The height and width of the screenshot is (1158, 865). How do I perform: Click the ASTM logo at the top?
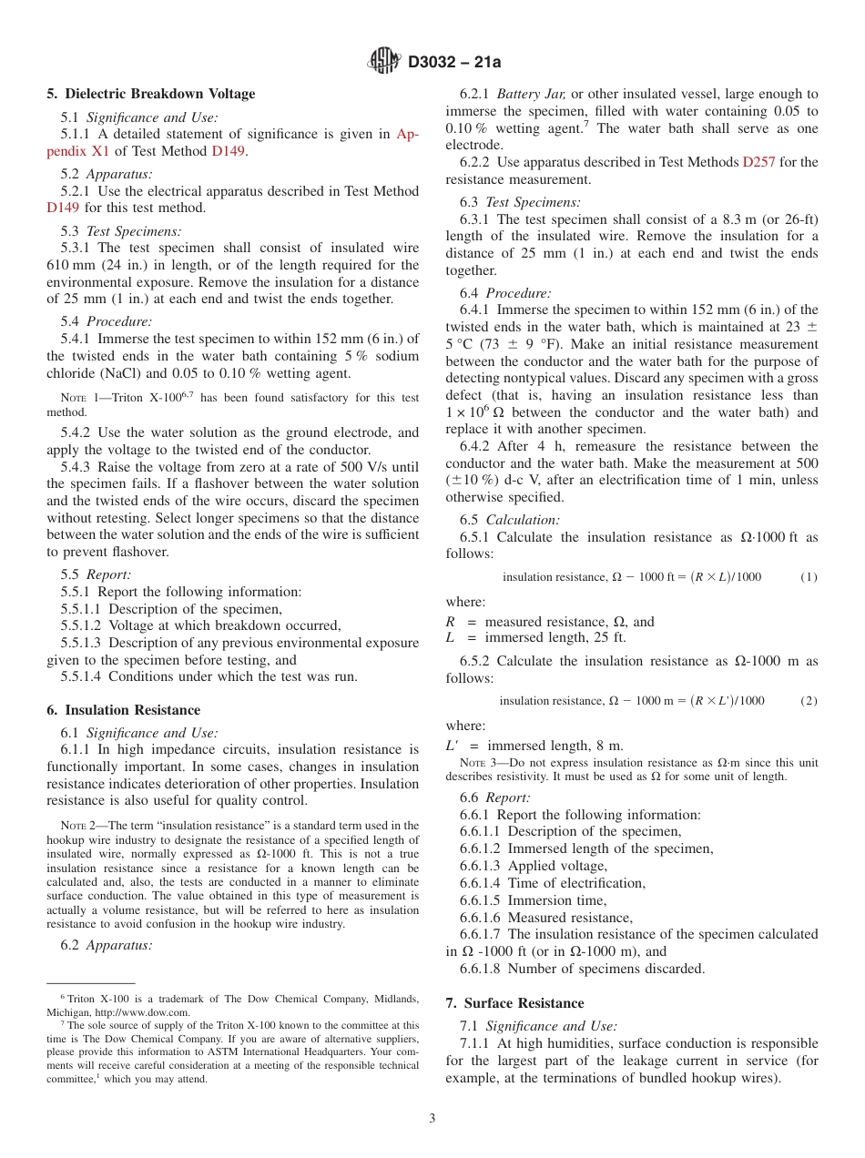384,61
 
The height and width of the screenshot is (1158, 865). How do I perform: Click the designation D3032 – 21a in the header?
454,62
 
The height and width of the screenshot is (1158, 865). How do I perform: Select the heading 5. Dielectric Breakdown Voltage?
151,94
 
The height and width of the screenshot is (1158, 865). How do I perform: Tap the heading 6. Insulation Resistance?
124,710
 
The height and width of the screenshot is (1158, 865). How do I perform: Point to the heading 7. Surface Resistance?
514,1003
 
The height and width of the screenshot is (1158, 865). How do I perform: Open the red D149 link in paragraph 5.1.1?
228,151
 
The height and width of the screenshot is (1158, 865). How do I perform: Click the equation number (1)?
809,577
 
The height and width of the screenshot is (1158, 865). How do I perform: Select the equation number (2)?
809,700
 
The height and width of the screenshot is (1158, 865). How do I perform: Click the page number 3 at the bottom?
432,1119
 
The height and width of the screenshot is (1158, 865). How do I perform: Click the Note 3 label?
479,762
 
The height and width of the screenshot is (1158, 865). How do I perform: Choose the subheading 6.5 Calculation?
509,520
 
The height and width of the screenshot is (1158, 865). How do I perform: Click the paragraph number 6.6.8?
482,969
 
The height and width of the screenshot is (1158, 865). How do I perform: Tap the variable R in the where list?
450,622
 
